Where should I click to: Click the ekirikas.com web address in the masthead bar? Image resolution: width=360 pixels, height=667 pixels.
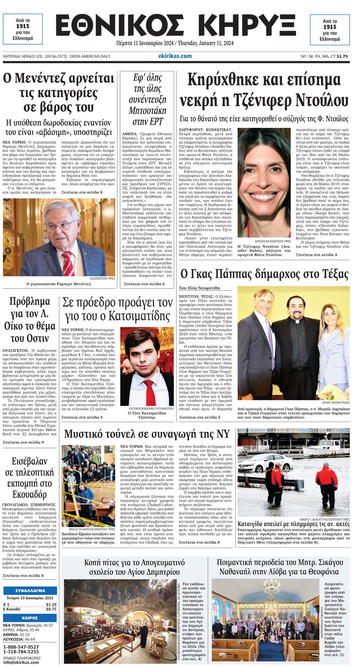tap(175, 56)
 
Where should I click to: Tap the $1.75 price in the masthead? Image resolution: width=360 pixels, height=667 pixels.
tap(342, 57)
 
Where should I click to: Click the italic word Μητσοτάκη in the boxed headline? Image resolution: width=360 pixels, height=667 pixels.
tap(147, 111)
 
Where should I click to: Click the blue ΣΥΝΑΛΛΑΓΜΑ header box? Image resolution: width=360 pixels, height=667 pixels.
tap(30, 590)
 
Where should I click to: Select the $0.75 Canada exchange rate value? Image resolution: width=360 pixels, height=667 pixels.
tap(51, 609)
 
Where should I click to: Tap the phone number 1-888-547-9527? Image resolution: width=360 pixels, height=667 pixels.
tap(21, 647)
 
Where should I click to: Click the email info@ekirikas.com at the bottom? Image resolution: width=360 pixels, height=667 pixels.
tap(21, 662)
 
